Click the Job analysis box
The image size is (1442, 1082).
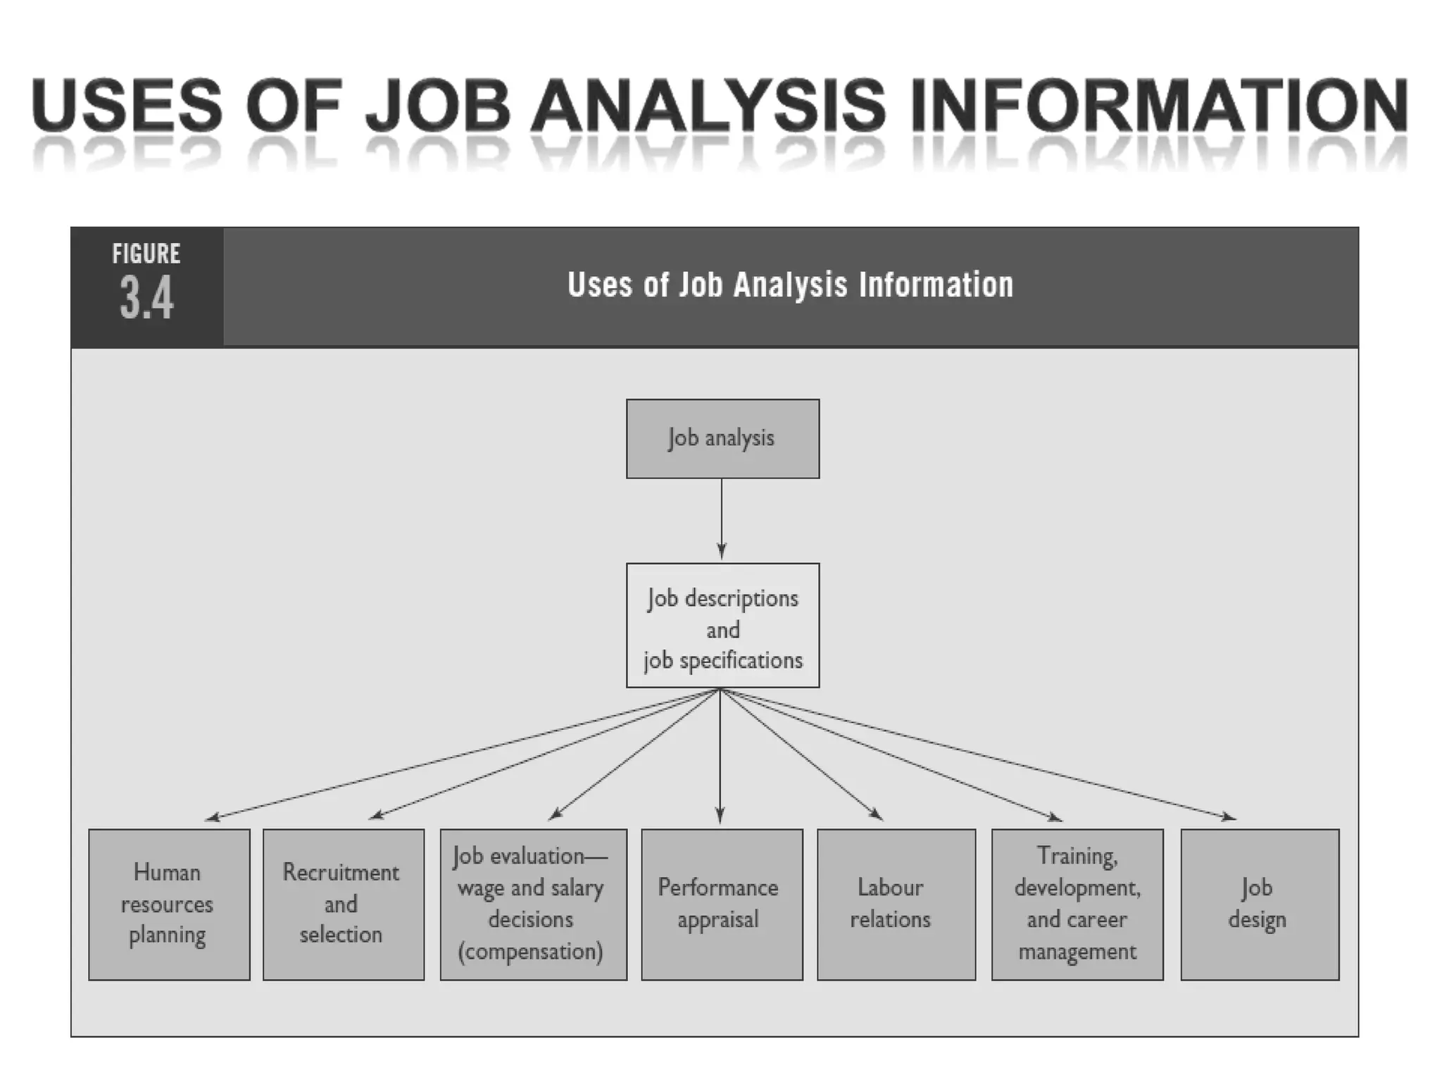click(722, 439)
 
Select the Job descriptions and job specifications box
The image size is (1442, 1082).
click(722, 626)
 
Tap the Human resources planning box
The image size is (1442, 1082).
click(169, 904)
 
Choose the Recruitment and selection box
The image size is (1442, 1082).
click(343, 904)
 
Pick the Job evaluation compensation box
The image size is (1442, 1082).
click(533, 904)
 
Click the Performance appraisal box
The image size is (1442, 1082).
click(721, 904)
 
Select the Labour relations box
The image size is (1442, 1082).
click(896, 904)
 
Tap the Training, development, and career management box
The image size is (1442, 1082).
click(1077, 904)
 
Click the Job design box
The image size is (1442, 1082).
click(1259, 904)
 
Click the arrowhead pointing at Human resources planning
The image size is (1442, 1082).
click(212, 818)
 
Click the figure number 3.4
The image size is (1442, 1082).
click(146, 299)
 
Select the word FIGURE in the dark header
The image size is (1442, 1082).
click(146, 254)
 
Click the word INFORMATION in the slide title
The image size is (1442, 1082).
click(1159, 106)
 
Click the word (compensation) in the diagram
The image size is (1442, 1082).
click(531, 952)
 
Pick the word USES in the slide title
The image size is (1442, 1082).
click(127, 106)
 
